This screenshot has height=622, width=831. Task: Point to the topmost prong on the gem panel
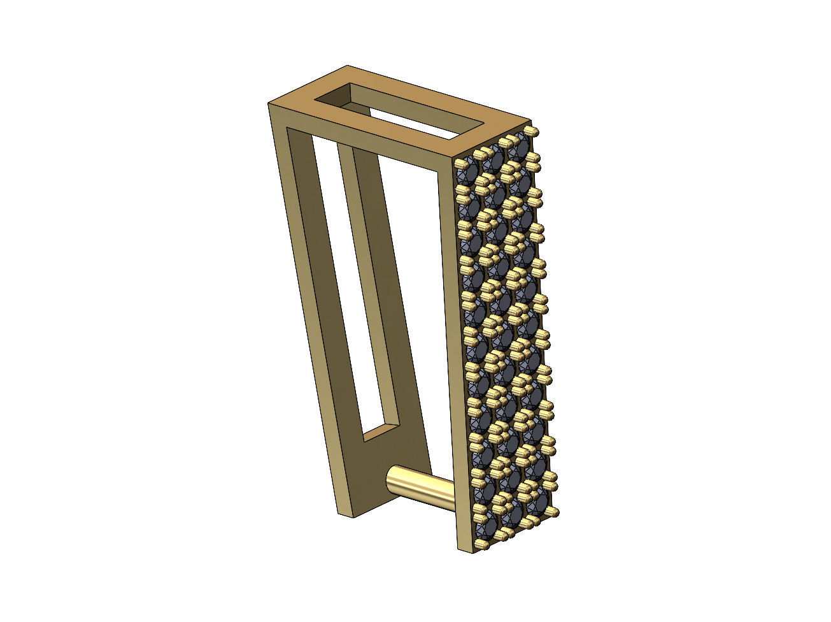(x=534, y=133)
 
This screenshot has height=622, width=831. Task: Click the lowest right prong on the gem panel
(x=555, y=511)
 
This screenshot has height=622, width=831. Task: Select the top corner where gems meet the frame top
(x=455, y=158)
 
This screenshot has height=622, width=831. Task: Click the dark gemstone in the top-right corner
(x=520, y=148)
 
